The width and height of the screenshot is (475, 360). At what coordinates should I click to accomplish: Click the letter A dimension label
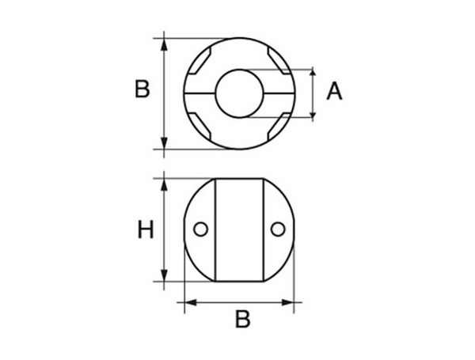click(x=334, y=93)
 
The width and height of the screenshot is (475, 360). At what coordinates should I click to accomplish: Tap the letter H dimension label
click(x=145, y=230)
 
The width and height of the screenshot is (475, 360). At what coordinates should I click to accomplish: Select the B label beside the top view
click(x=142, y=89)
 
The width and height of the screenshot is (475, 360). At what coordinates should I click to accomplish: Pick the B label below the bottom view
click(x=243, y=320)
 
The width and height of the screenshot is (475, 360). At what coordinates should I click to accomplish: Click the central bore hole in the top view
click(x=238, y=93)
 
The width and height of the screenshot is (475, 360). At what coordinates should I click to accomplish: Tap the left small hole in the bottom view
click(x=200, y=229)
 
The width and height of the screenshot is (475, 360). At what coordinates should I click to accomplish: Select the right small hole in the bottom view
click(x=276, y=229)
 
